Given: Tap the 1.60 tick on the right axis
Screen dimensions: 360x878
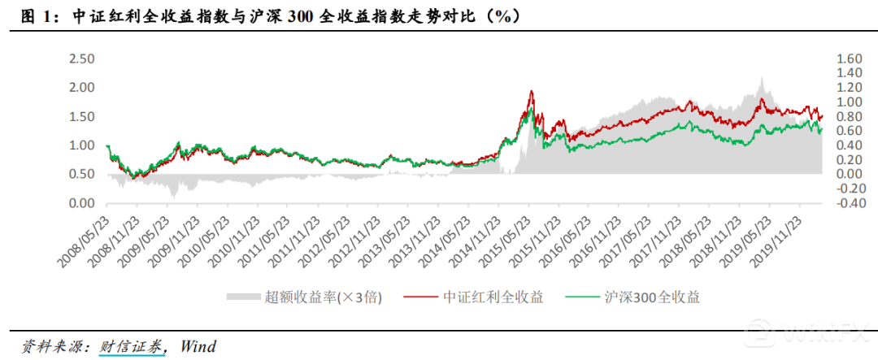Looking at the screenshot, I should point(846,59).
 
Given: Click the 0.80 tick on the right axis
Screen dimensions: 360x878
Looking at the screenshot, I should point(846,116).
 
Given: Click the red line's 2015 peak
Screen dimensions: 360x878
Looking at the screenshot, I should point(531,91).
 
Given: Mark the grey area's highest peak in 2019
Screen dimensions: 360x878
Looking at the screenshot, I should point(761,79).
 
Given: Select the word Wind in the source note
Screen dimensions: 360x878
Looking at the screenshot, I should point(198,346).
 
